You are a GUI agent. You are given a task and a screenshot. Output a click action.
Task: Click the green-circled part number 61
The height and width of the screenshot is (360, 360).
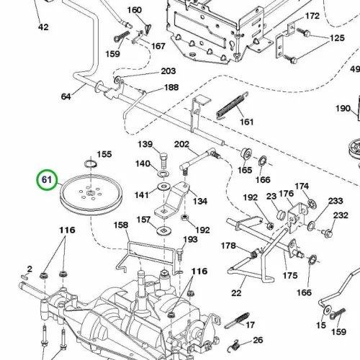coord(47,180)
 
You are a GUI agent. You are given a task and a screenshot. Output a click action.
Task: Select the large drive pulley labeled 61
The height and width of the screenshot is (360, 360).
coord(91,194)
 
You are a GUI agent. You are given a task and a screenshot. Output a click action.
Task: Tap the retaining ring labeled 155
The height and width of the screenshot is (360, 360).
coord(91,164)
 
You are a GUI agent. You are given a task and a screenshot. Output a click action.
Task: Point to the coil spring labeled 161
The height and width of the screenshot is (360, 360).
coord(232,105)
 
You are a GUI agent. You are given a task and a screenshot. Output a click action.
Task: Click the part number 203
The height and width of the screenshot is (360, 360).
coord(168,71)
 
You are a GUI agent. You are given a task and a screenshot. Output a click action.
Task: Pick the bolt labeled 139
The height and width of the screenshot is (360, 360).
coord(163,161)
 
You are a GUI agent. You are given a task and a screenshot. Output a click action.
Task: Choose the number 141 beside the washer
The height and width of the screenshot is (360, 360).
coord(142,195)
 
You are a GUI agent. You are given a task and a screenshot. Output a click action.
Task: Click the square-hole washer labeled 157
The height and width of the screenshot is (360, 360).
coord(163,231)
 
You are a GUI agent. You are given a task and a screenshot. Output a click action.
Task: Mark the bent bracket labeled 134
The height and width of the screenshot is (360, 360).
coord(171,199)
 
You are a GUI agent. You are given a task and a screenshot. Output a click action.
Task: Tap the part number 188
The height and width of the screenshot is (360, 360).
coord(171,87)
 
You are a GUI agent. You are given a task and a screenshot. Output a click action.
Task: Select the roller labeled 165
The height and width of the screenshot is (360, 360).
coord(246,153)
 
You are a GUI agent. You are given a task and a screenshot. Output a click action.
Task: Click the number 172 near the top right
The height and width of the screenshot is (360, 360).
coord(312,16)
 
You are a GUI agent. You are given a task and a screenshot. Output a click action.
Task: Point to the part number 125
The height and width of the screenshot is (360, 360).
coord(337,38)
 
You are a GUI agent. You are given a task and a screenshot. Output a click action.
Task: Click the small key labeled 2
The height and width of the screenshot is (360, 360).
coord(24,276)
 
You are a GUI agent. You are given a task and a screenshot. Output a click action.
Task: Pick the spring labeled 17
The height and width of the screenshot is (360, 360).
coord(237,320)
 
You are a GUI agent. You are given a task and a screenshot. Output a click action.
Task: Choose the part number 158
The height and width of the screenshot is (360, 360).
coord(121,225)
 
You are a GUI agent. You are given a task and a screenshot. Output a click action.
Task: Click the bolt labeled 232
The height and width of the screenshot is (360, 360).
coord(328,233)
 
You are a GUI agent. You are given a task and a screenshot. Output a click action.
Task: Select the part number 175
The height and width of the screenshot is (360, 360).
coord(290,276)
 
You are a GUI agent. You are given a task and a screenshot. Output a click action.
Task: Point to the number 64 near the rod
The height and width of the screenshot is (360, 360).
coord(66,96)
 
